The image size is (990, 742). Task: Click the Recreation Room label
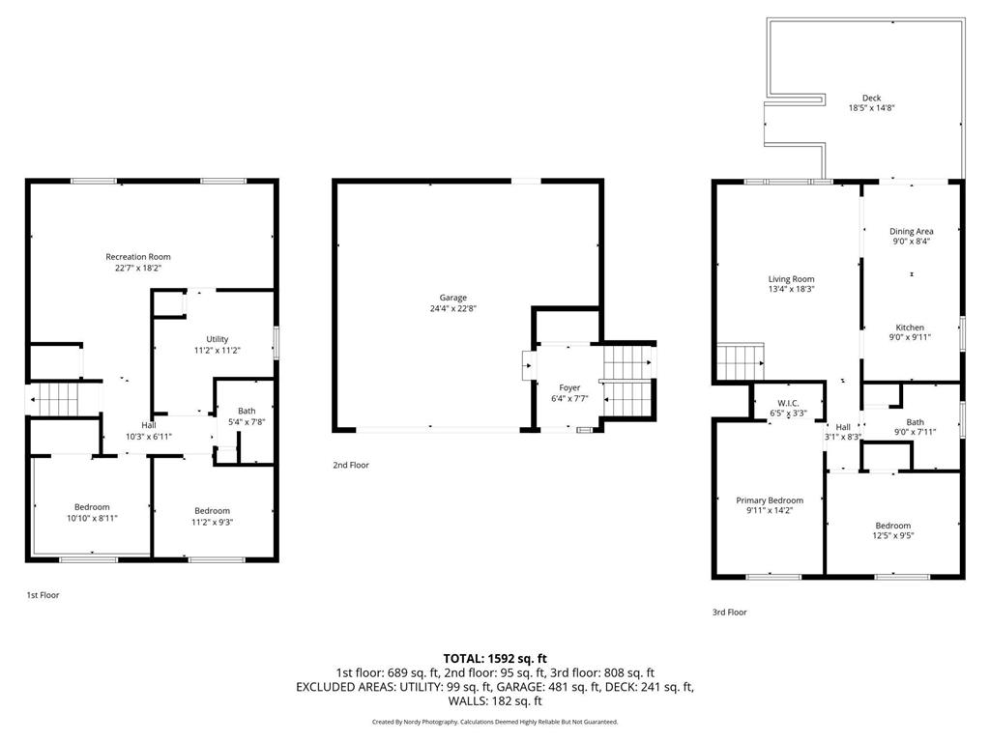138,257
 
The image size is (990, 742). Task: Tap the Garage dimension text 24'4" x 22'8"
453,309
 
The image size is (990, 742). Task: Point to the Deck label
871,98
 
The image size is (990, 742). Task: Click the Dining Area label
911,231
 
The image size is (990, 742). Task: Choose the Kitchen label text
910,328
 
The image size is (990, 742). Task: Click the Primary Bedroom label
770,500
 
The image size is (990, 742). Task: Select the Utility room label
217,339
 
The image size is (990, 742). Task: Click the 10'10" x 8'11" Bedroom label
92,507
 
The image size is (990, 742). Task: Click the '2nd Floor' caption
351,465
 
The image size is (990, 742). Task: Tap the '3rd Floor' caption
729,612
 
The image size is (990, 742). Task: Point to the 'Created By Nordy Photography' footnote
494,722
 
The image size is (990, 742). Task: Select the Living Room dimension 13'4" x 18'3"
790,289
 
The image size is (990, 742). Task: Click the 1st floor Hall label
148,425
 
